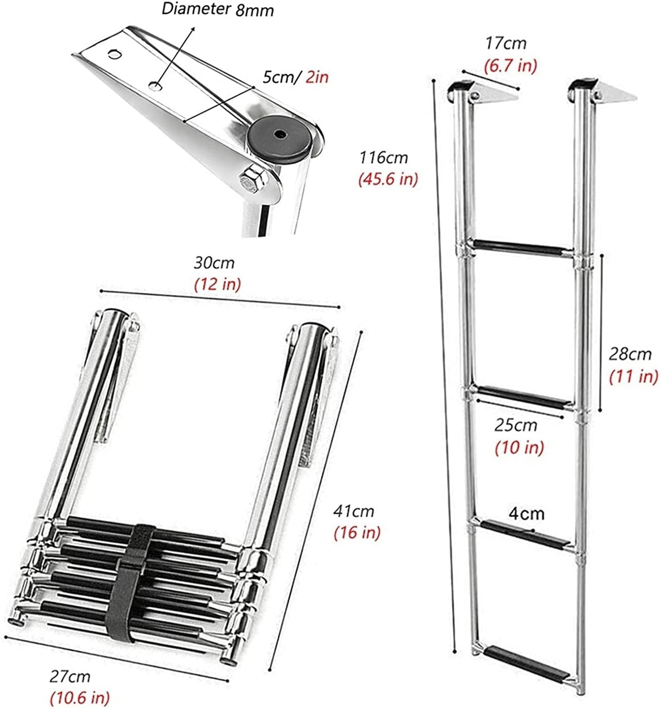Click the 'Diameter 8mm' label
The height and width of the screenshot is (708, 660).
pyautogui.click(x=218, y=9)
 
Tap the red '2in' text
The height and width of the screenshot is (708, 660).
pyautogui.click(x=317, y=77)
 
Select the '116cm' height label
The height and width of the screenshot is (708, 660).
pyautogui.click(x=383, y=157)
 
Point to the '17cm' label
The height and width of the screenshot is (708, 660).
pyautogui.click(x=505, y=44)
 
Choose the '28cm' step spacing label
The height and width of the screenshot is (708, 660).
pyautogui.click(x=630, y=354)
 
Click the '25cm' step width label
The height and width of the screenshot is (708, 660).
pyautogui.click(x=516, y=425)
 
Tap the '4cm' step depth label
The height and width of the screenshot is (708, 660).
pyautogui.click(x=526, y=513)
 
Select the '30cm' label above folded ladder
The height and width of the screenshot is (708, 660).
pyautogui.click(x=214, y=262)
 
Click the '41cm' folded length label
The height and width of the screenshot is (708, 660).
pyautogui.click(x=353, y=511)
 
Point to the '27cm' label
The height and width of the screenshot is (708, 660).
pyautogui.click(x=70, y=676)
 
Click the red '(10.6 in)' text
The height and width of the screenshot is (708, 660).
pyautogui.click(x=80, y=697)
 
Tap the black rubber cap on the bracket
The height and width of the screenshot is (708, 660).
pyautogui.click(x=281, y=137)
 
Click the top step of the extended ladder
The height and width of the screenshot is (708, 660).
pyautogui.click(x=524, y=247)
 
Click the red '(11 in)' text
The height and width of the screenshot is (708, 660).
pyautogui.click(x=633, y=376)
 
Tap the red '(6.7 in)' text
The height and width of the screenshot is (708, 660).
pyautogui.click(x=510, y=65)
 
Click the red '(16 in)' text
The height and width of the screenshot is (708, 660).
pyautogui.click(x=357, y=532)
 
